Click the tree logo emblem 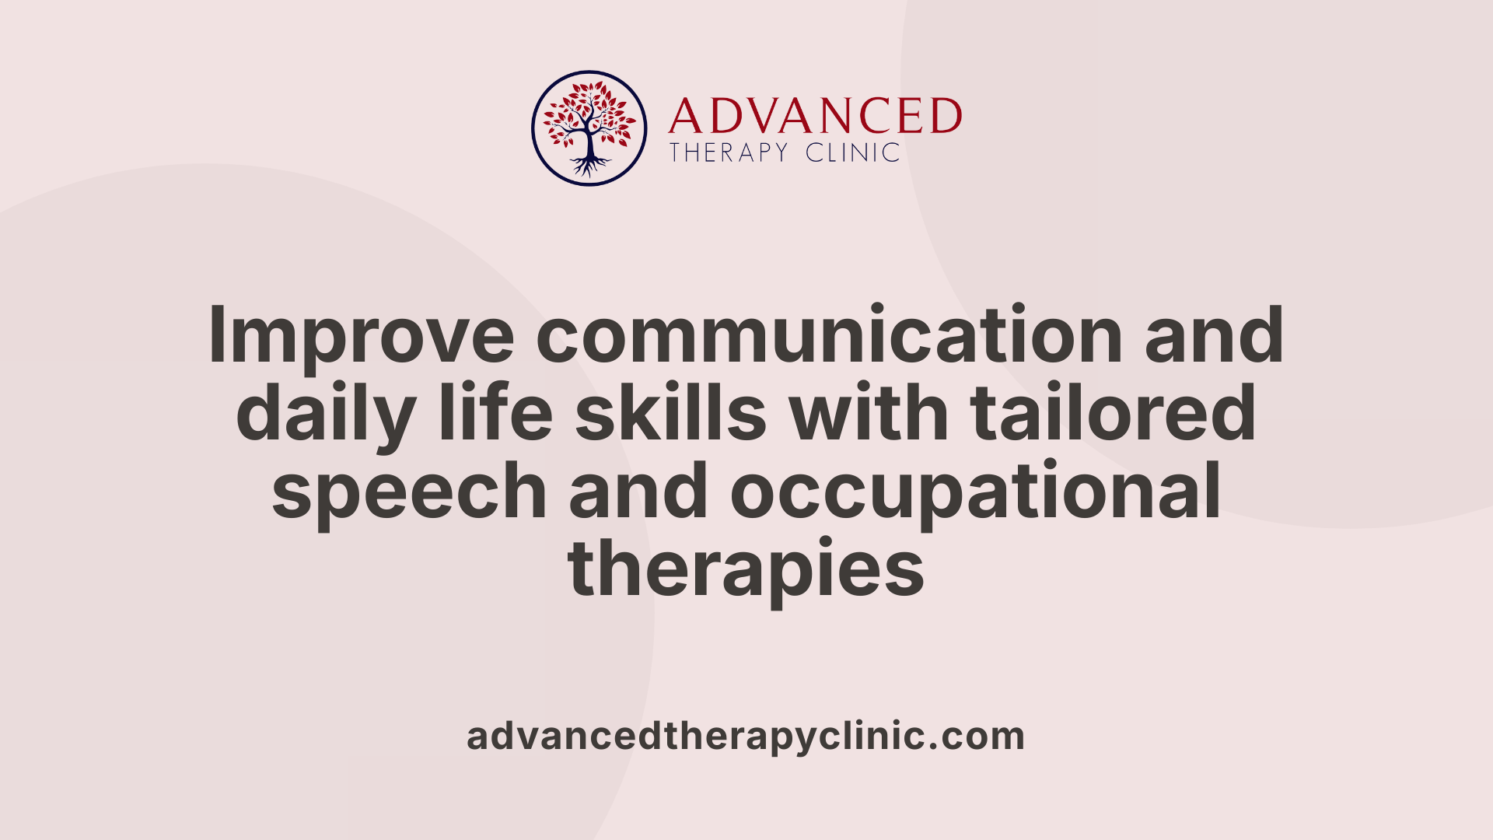[589, 128]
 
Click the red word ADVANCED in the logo [814, 117]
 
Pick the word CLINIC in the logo [852, 152]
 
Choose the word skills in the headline [671, 412]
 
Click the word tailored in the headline [1113, 412]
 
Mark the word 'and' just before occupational [638, 490]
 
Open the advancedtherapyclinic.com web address [746, 737]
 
